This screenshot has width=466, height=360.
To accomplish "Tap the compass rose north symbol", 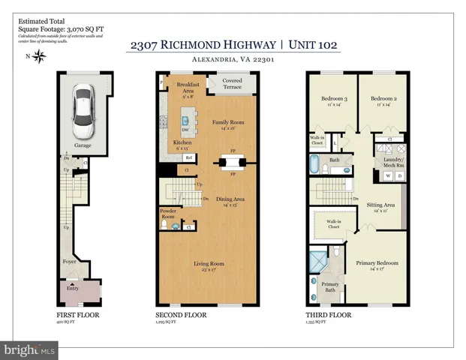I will tap(38, 56).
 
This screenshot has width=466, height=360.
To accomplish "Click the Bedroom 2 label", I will tap(383, 100).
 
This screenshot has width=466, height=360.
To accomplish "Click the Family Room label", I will tap(227, 124).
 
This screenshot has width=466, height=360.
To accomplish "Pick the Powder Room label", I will tap(168, 214).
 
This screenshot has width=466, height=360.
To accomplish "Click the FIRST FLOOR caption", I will tap(78, 316).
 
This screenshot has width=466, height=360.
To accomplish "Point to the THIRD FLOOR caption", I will tap(326, 316).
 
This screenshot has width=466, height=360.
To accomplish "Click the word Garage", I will tap(82, 145).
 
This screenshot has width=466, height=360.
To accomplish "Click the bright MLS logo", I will tap(30, 350).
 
